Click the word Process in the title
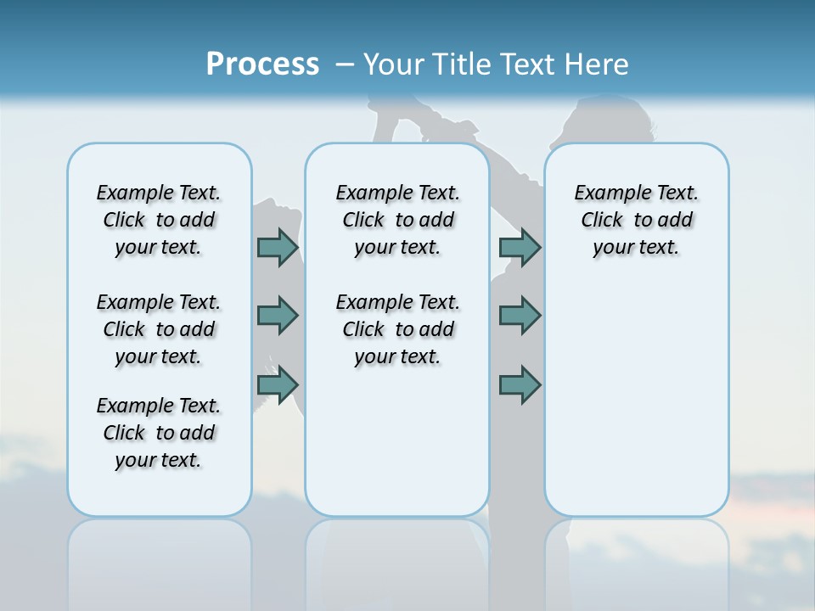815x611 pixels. (x=262, y=64)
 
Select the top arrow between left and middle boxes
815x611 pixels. (x=278, y=247)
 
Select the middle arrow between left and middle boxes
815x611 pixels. (x=278, y=316)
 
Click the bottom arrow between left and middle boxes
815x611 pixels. (x=278, y=385)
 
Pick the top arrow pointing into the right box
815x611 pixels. (x=520, y=247)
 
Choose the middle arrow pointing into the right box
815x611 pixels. (x=520, y=316)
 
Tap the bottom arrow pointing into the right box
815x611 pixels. (x=520, y=385)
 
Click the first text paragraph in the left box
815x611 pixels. (x=159, y=220)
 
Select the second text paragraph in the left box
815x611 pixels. (x=159, y=329)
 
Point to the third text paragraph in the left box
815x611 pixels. (x=159, y=433)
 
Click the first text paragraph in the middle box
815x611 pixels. (x=398, y=220)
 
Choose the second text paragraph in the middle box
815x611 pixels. (x=398, y=329)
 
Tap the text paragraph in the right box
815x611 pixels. (x=637, y=220)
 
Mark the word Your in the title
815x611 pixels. (x=394, y=64)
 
